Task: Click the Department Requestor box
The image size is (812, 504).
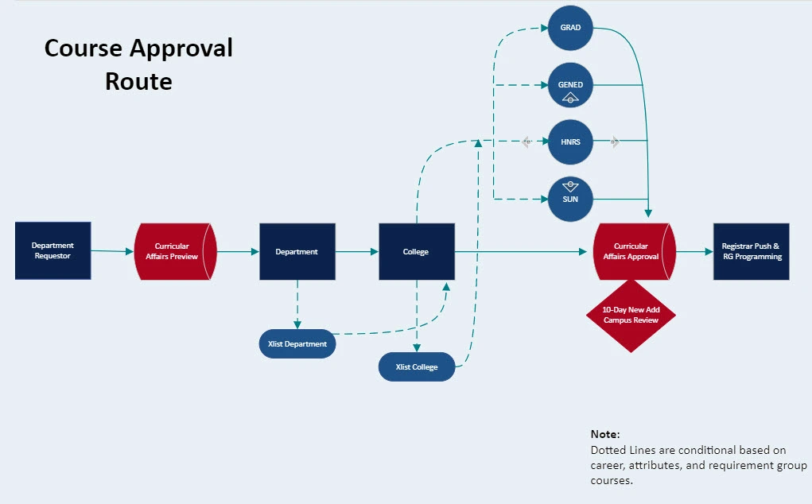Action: coord(52,251)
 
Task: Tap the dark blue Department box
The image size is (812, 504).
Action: coord(297,251)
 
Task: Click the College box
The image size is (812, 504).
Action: coord(416,251)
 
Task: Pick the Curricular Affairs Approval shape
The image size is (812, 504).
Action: coord(634,251)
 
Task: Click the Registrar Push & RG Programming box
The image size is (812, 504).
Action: coord(751,251)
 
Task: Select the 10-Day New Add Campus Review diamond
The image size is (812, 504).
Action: coord(631,315)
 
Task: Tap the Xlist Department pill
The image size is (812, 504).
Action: coord(297,344)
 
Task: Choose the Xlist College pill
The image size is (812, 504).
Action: coord(417,366)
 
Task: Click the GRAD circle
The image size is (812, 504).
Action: coord(570,28)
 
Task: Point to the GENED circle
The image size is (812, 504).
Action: coord(570,85)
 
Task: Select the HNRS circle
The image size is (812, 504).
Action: coord(570,142)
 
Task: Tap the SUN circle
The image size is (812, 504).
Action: coord(570,199)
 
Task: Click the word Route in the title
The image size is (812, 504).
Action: coord(138,81)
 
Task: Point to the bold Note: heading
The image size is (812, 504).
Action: coord(605,434)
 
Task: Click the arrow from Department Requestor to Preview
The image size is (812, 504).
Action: coord(112,251)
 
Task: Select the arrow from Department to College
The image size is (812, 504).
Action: coord(357,251)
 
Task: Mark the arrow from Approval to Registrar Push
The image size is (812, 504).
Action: coord(694,251)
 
